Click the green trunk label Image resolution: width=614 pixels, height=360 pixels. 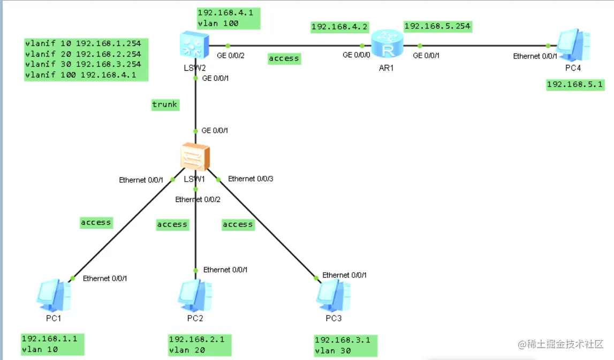(165, 104)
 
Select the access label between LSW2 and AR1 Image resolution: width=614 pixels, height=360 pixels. (284, 58)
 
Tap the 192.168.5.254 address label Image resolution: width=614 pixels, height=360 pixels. (438, 26)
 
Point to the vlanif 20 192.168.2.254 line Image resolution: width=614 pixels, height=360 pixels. (84, 54)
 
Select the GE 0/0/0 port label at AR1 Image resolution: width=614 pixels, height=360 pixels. (355, 55)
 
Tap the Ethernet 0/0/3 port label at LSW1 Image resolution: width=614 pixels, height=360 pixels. (251, 179)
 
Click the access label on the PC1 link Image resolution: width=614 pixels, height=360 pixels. (96, 222)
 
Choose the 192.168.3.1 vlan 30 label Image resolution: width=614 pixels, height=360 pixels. (346, 346)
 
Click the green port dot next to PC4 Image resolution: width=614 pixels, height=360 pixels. (547, 46)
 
